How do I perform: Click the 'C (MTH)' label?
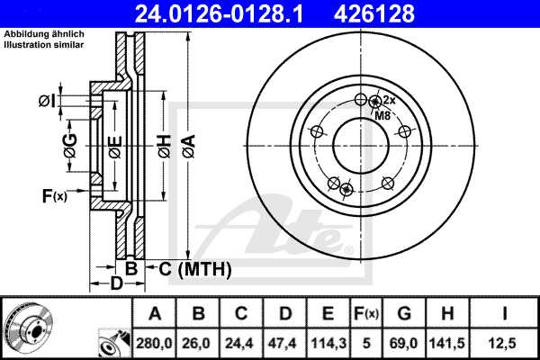(x=195, y=268)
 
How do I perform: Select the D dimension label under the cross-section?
(x=116, y=285)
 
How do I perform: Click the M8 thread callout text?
(x=382, y=115)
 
